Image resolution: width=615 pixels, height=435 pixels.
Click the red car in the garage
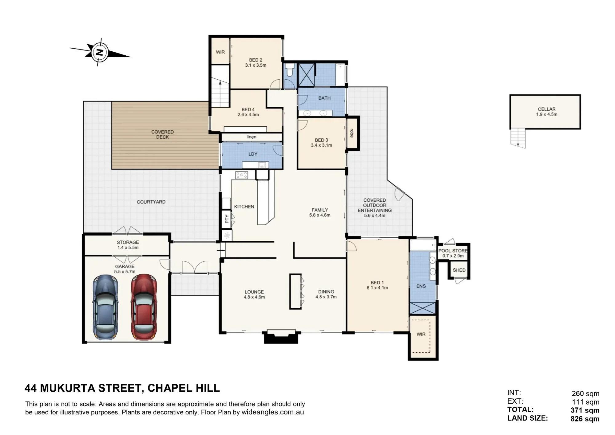[x=144, y=307]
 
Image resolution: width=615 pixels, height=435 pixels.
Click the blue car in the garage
[x=105, y=307]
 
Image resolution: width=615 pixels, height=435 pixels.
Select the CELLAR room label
[x=546, y=109]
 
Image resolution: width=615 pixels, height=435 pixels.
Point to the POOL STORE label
[x=453, y=251]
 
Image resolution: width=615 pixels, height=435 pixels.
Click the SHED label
[x=459, y=270]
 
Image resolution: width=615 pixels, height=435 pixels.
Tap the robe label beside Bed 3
[x=352, y=133]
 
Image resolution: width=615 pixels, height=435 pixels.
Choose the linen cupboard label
[x=251, y=137]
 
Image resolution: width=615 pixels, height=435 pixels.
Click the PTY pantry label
[x=227, y=219]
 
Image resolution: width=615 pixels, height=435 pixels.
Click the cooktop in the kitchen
[x=241, y=175]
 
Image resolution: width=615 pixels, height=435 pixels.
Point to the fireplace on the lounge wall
[x=281, y=337]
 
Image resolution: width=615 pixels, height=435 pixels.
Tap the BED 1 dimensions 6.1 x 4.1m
[x=377, y=288]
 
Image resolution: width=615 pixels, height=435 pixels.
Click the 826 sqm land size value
[x=585, y=419]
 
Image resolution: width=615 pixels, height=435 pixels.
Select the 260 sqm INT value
[x=585, y=393]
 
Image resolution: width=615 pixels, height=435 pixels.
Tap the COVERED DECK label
[x=162, y=134]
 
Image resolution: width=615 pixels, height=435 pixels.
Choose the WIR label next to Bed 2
[x=220, y=52]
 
